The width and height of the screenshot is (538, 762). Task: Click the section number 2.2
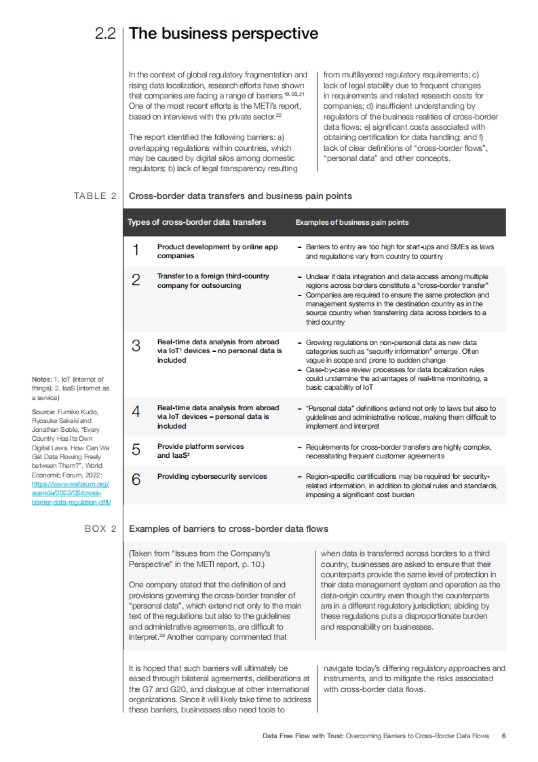[x=105, y=34]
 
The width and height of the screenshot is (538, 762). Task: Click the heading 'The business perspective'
[x=223, y=34]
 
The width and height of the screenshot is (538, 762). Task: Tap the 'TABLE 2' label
[x=95, y=196]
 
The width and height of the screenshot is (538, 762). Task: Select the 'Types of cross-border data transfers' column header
[x=197, y=222]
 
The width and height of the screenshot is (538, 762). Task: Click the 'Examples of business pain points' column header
[x=352, y=222]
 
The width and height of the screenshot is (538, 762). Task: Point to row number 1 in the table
[x=136, y=250]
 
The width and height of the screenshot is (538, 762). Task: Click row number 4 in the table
[x=136, y=412]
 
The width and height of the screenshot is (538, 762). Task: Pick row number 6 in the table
[x=136, y=480]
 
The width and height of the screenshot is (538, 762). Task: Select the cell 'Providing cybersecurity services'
[x=212, y=477]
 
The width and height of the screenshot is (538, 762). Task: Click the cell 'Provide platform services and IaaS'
[x=200, y=451]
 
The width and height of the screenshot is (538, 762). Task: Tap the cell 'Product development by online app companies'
[x=217, y=251]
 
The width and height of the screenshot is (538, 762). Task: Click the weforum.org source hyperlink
[x=71, y=493]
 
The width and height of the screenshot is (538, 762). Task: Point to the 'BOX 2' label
[x=100, y=529]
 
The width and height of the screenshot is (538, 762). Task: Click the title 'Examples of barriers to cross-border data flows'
[x=228, y=529]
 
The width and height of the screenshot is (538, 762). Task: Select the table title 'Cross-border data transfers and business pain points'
[x=240, y=196]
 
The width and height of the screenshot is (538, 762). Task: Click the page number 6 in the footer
[x=504, y=736]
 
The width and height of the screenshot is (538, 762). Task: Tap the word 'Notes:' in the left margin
[x=41, y=380]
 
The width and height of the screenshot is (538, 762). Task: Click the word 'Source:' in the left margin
[x=43, y=412]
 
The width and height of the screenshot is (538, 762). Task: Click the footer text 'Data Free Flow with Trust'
[x=303, y=736]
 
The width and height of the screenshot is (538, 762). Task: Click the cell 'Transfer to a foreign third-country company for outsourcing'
[x=213, y=280]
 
